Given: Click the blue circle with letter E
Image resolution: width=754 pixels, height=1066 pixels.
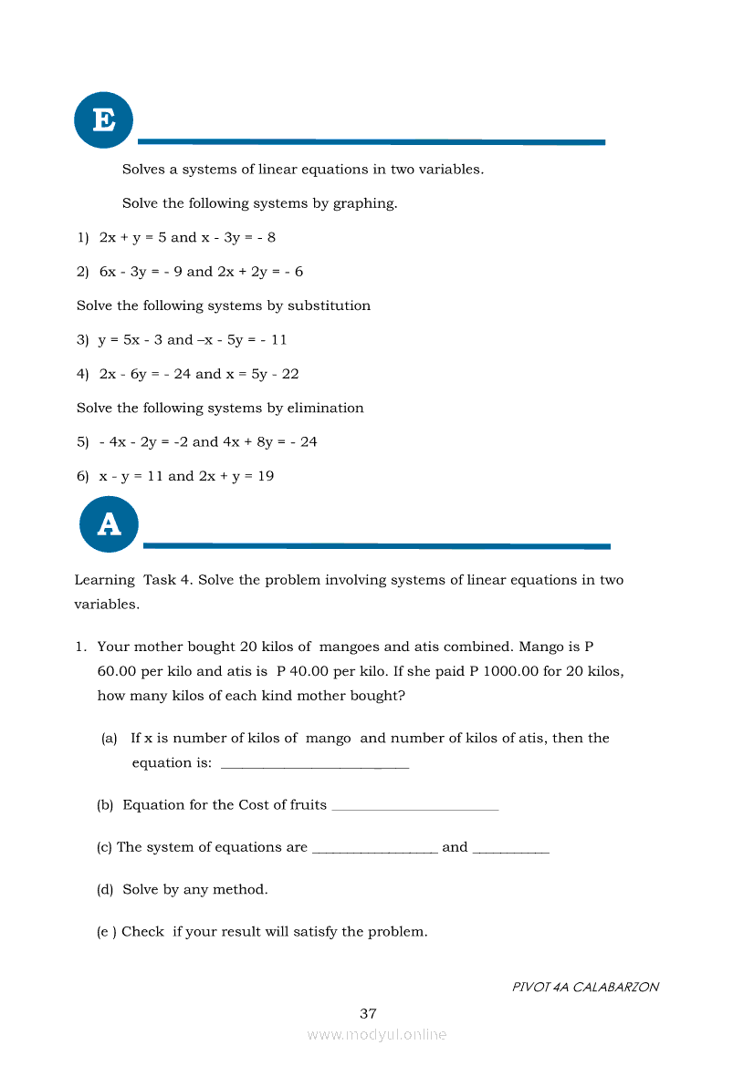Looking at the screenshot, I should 103,120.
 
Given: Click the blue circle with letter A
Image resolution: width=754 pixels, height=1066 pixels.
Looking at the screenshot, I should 109,523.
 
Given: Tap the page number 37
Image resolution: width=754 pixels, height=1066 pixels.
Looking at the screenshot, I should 368,1013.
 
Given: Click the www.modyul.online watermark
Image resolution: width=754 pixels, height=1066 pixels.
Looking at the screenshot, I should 377,1034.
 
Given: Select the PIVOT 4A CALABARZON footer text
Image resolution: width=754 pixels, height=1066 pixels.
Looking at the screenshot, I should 585,987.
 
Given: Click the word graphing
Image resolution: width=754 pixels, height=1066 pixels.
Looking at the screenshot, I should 363,203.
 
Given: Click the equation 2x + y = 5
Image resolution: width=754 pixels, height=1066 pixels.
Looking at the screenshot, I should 132,237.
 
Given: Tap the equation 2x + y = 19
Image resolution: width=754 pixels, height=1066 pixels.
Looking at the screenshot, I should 236,476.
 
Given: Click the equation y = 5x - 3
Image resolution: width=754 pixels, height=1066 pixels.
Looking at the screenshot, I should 131,340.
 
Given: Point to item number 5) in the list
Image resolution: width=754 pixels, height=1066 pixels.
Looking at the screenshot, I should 83,442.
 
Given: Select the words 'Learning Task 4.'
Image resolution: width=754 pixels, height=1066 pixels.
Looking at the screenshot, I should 133,580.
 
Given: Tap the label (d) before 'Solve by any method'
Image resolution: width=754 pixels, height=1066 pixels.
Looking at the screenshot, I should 105,889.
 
